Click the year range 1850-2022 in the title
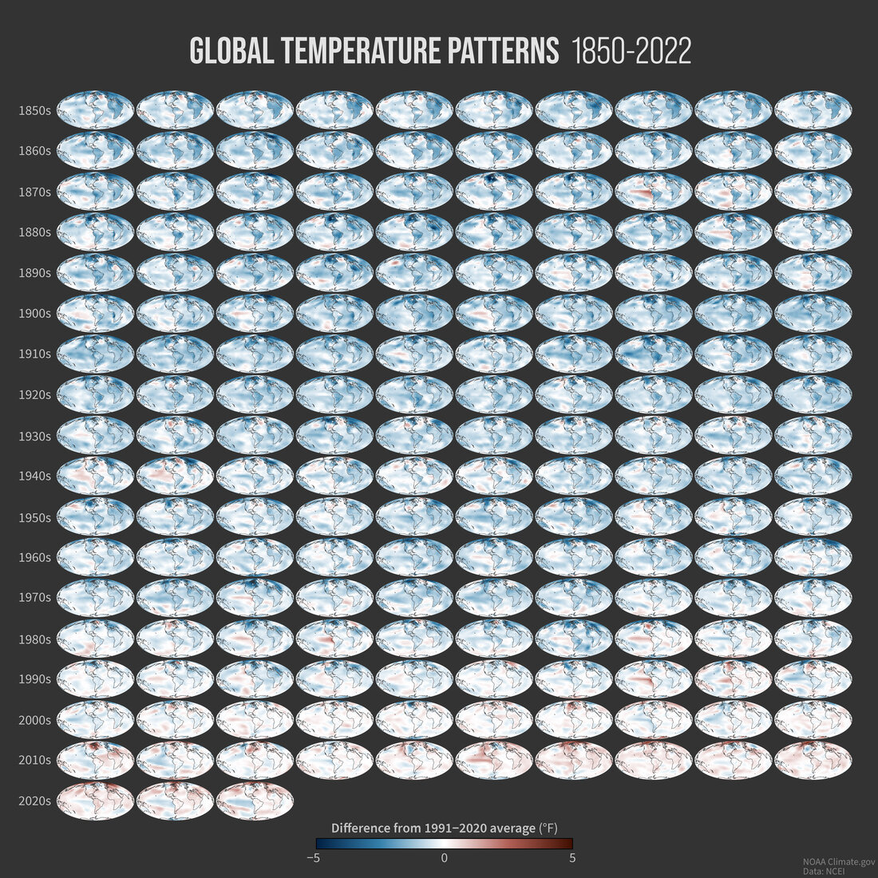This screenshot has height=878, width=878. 631,52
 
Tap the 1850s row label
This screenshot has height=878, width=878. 34,110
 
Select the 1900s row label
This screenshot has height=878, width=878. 34,314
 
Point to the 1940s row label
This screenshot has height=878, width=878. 34,477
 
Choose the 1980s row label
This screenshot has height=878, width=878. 34,639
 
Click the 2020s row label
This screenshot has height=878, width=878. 34,801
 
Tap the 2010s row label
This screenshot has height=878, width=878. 34,760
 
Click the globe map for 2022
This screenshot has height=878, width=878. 255,801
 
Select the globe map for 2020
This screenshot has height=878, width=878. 95,801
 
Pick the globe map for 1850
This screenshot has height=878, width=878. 95,110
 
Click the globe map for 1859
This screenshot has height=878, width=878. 813,110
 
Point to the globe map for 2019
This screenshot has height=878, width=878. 813,760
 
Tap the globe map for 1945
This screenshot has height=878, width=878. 494,477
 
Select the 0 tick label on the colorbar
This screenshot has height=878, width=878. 444,859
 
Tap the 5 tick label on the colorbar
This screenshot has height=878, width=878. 572,859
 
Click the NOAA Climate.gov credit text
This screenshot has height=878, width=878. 839,862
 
